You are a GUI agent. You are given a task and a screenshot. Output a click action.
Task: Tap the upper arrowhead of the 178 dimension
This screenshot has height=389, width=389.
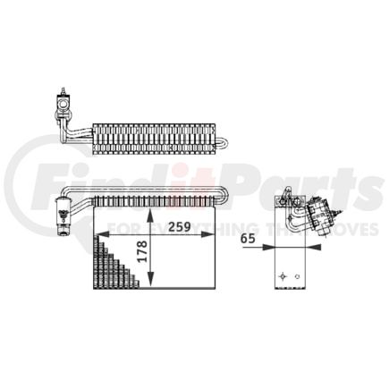151,217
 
